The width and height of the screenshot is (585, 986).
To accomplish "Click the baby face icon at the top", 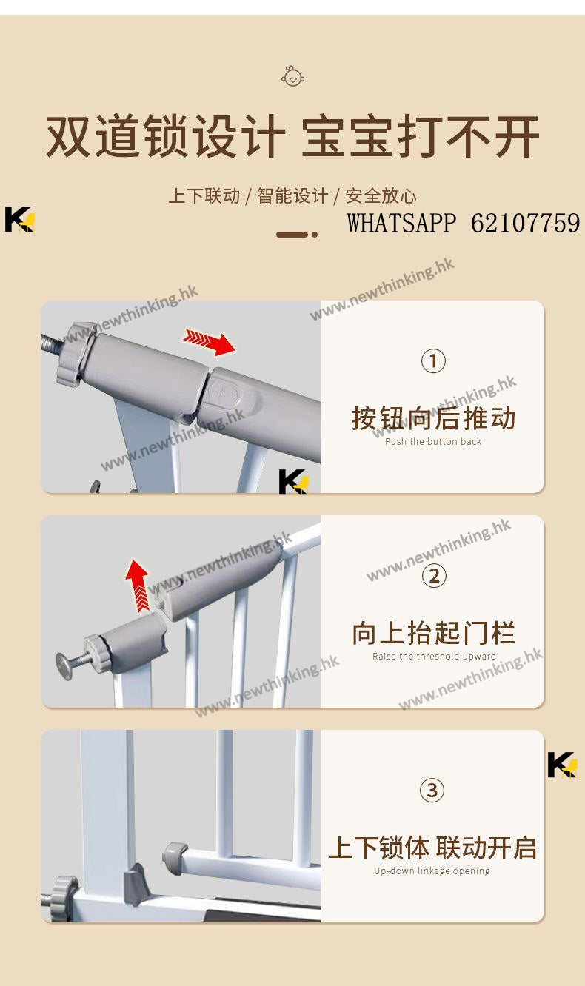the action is (292, 76).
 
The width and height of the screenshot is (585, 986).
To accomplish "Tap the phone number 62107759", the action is (526, 223).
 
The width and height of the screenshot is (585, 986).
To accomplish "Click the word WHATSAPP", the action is (401, 223).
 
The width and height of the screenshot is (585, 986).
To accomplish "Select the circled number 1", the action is (433, 361).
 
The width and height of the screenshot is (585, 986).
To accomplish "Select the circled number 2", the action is (434, 576).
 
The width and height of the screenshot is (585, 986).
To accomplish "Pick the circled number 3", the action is (432, 790).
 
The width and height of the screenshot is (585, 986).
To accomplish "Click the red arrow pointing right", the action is (209, 341).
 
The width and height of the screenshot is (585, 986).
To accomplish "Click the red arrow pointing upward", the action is (138, 586).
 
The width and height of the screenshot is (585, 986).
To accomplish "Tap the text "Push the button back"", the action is (433, 441).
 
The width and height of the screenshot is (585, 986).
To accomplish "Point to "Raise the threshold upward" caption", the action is (434, 657).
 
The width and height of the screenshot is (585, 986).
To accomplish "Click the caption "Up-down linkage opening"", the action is (432, 871).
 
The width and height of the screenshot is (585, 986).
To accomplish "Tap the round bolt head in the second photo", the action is (64, 666).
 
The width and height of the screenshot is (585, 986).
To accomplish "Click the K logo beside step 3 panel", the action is (563, 765).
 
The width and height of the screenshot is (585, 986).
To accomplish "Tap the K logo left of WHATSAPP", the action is (20, 219).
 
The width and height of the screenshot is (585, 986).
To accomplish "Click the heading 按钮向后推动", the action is (433, 418).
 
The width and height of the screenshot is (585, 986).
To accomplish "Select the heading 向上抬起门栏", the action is (433, 633).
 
